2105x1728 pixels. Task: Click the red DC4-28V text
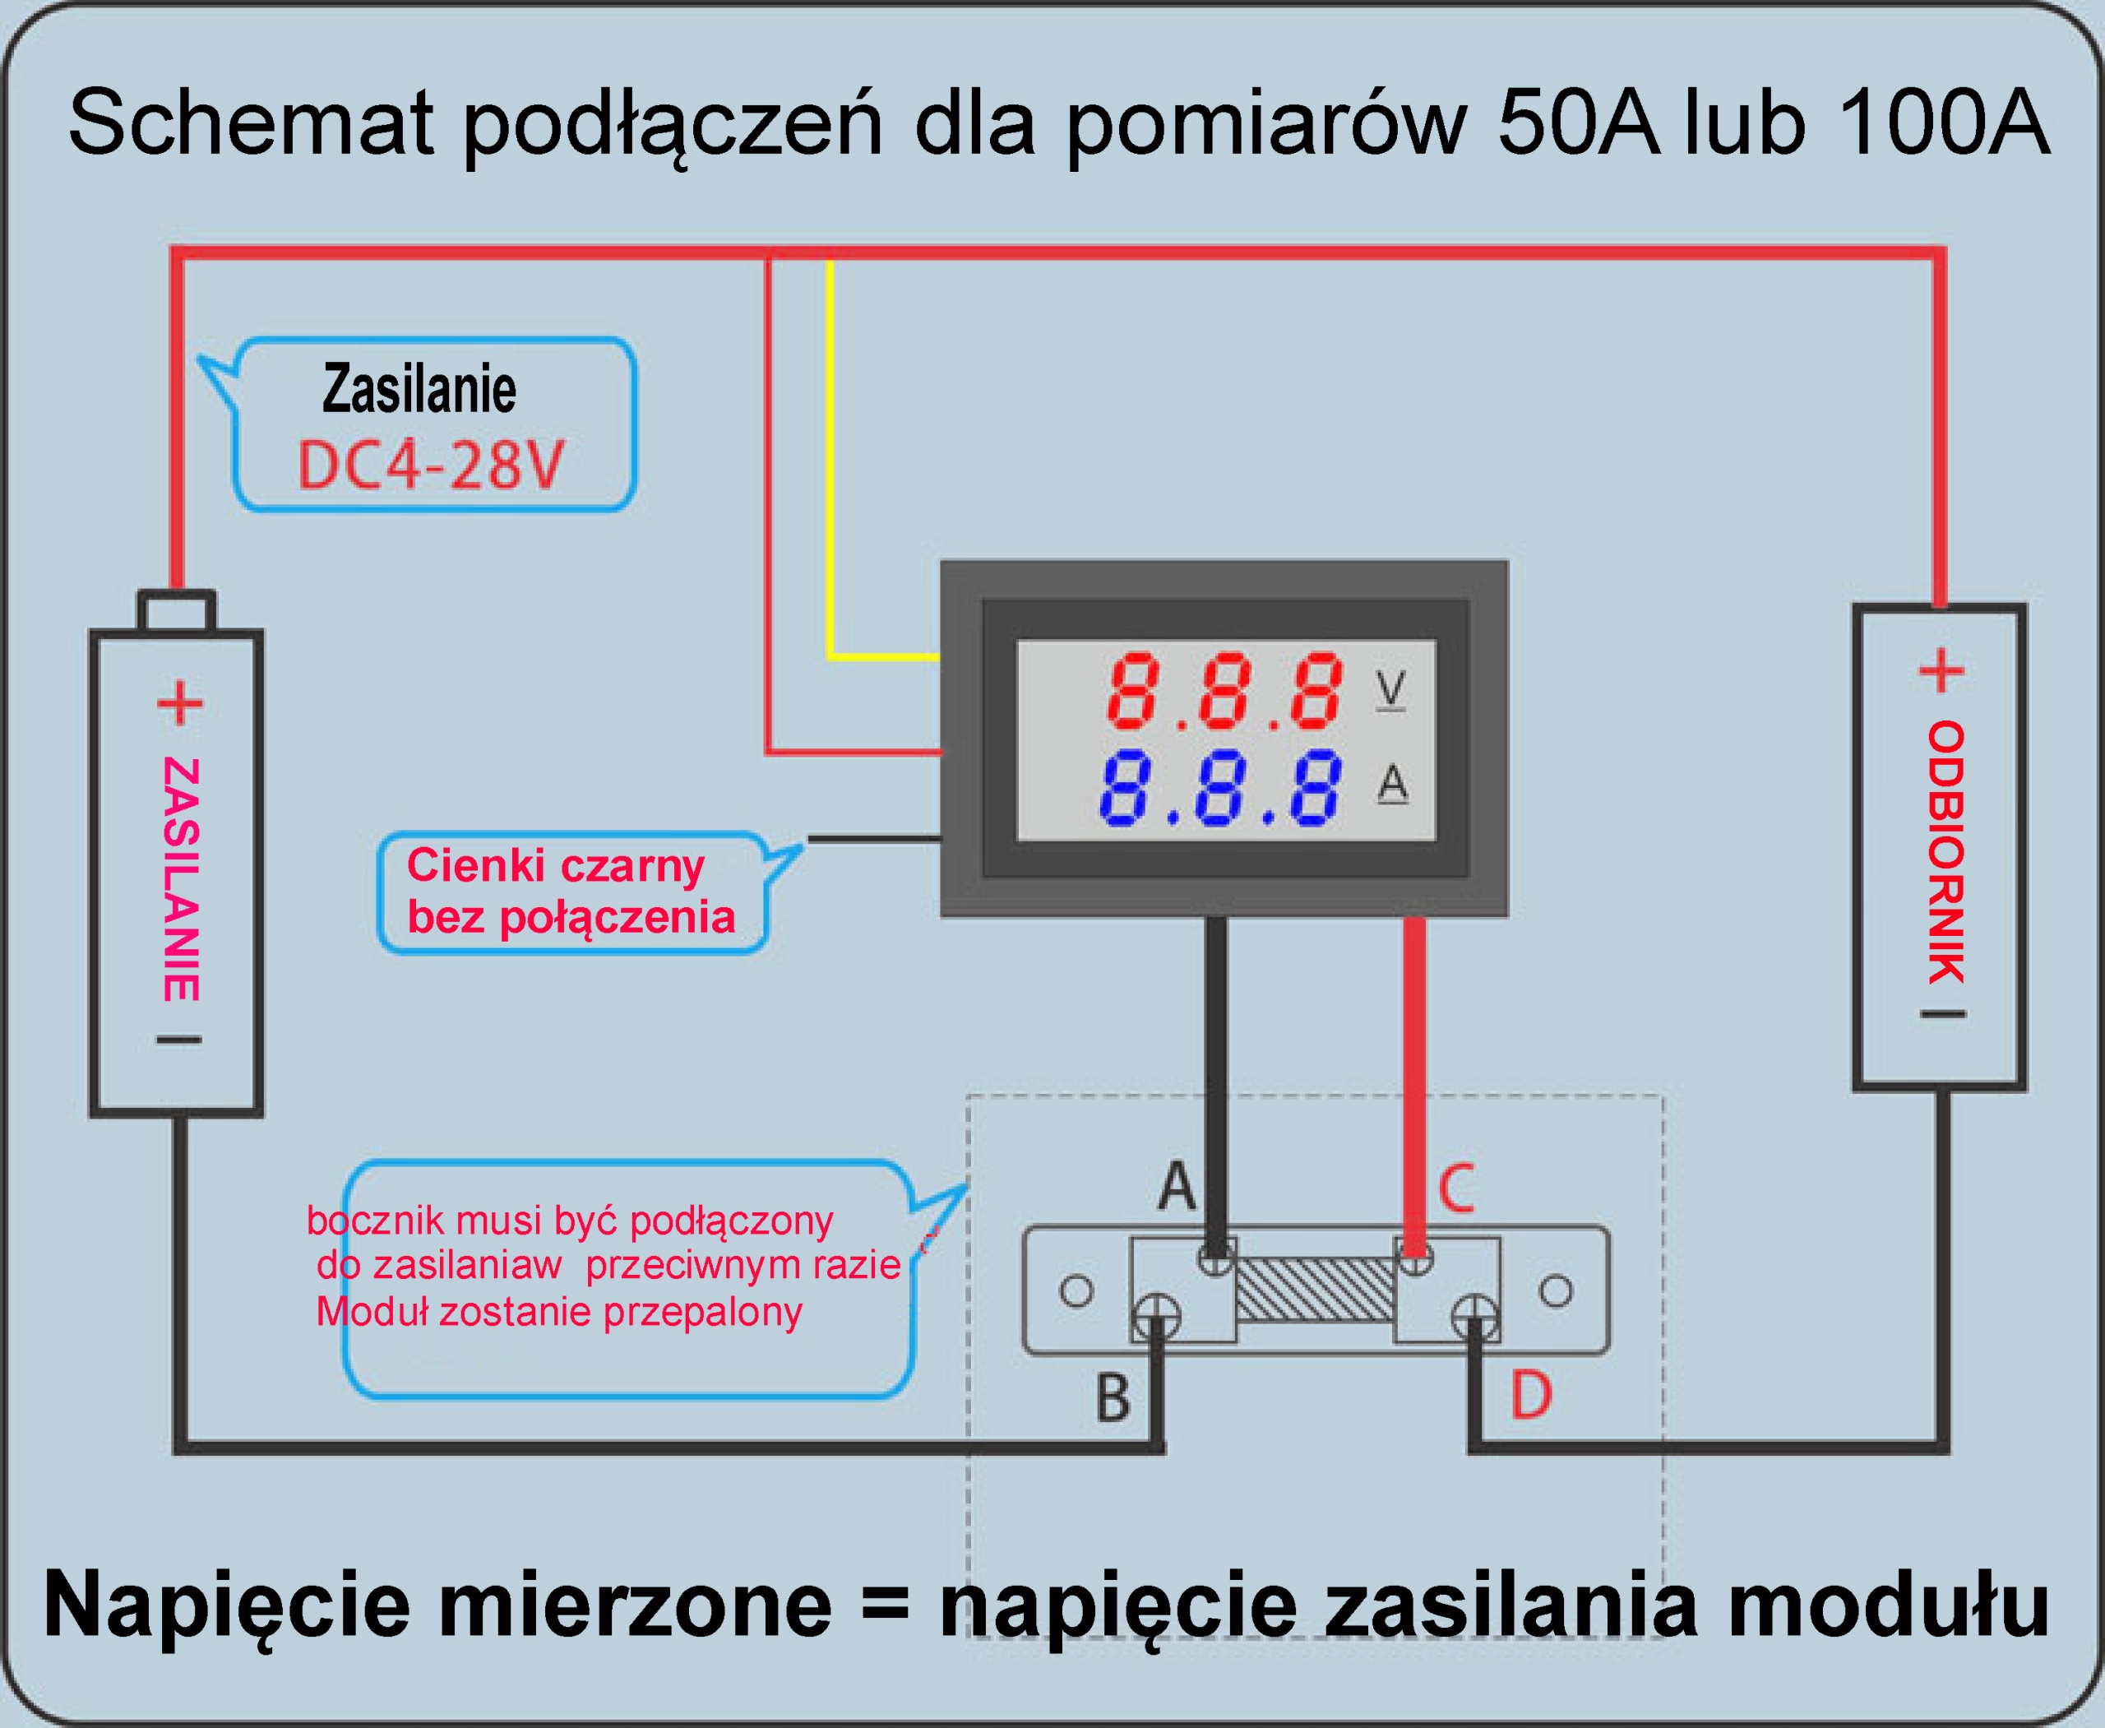click(x=430, y=465)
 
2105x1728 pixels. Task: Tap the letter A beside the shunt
click(x=1177, y=1185)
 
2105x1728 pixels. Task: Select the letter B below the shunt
click(x=1113, y=1397)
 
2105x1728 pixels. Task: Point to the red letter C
click(x=1455, y=1188)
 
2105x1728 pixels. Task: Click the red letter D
click(x=1531, y=1395)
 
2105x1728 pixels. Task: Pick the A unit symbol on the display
click(x=1391, y=785)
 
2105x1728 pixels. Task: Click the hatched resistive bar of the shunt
click(x=1315, y=1289)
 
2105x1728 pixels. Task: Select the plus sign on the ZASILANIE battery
click(x=180, y=704)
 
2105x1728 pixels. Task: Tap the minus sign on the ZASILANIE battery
click(x=179, y=1040)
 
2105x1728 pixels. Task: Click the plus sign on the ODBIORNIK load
click(x=1941, y=671)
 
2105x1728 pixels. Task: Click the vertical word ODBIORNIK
click(x=1945, y=852)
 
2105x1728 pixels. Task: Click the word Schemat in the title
click(x=251, y=123)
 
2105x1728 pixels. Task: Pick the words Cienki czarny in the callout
click(x=555, y=865)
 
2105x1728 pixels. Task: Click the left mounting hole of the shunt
click(x=1076, y=1291)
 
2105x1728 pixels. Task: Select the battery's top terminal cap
click(x=176, y=610)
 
